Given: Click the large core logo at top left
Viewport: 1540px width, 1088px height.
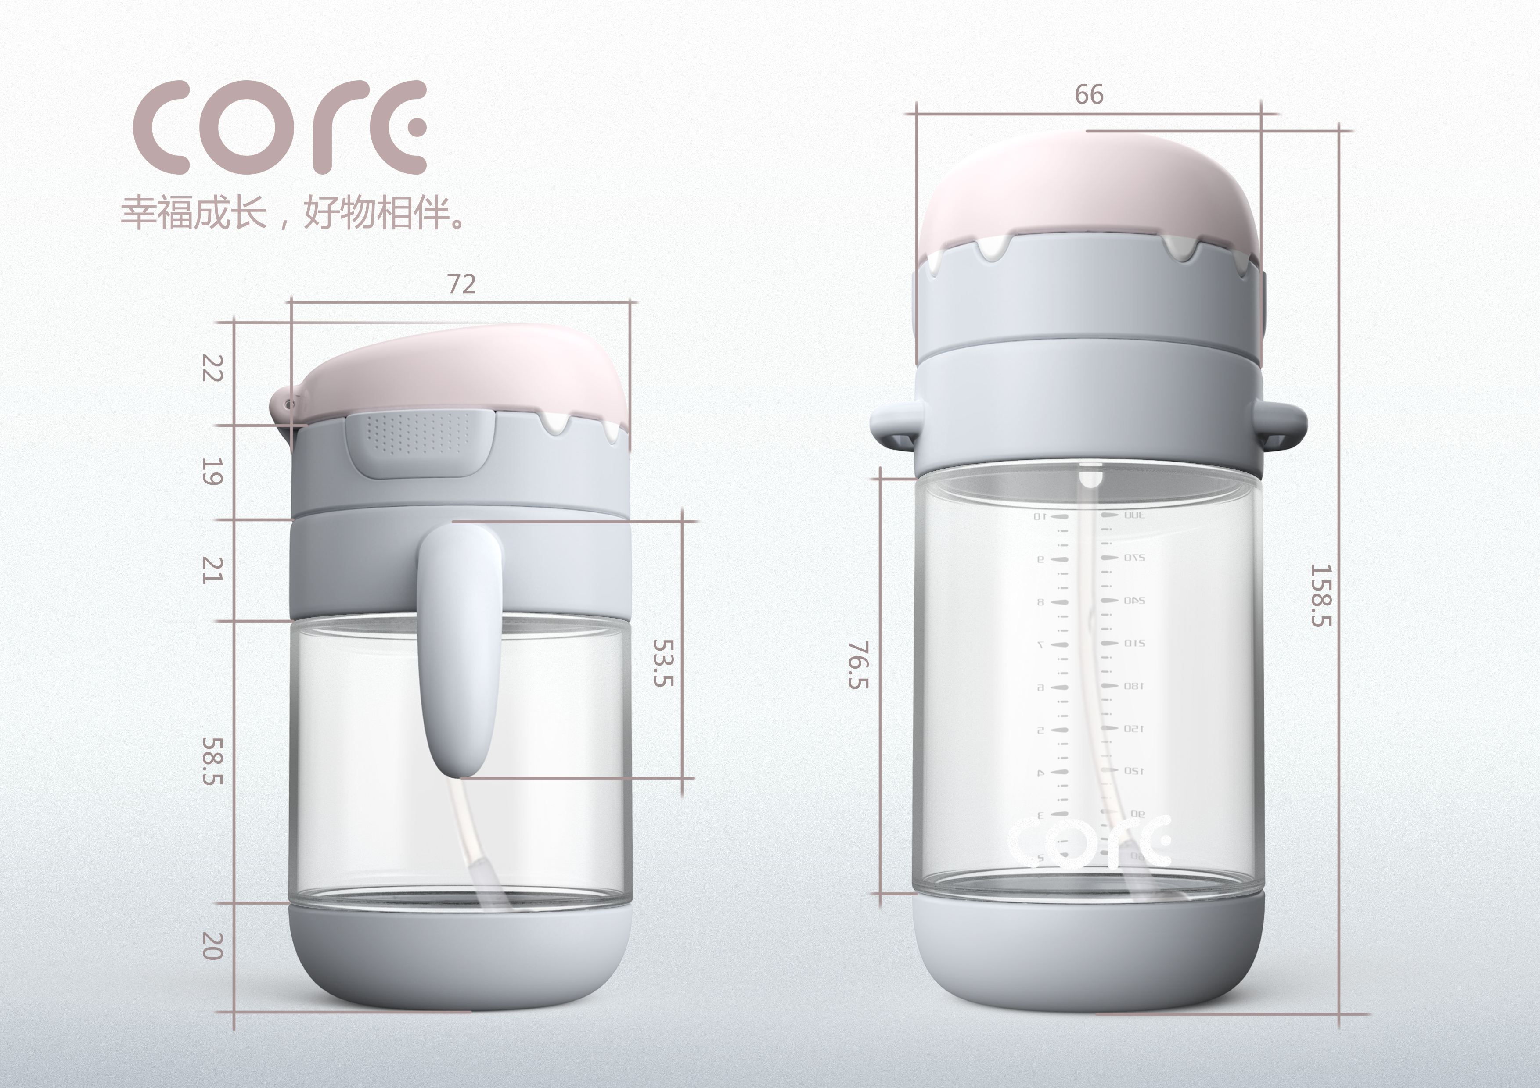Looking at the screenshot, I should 280,127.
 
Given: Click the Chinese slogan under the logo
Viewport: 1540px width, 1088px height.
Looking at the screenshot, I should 293,213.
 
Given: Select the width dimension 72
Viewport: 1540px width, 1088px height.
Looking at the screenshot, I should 461,285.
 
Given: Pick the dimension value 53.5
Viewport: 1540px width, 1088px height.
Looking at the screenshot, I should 663,662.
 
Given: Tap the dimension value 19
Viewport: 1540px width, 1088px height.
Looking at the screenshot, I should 212,472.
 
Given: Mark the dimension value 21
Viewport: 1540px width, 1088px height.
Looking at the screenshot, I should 212,570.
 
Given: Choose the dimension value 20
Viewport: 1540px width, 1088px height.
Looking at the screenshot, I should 212,946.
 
